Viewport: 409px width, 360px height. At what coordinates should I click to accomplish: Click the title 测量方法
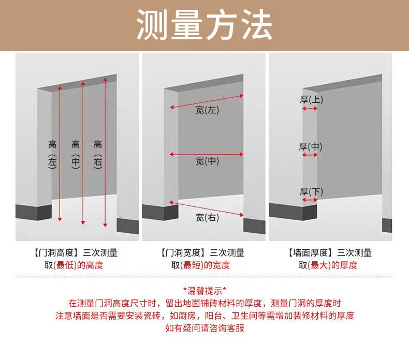pyautogui.click(x=204, y=25)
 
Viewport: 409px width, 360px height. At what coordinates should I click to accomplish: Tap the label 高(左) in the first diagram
pyautogui.click(x=52, y=154)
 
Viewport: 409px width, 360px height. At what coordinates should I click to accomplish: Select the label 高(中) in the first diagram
pyautogui.click(x=76, y=154)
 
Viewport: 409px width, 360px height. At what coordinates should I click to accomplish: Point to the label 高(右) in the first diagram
pyautogui.click(x=98, y=154)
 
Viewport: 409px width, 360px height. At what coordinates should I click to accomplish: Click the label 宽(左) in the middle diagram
pyautogui.click(x=208, y=110)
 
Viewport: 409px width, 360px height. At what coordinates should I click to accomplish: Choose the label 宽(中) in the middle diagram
pyautogui.click(x=208, y=161)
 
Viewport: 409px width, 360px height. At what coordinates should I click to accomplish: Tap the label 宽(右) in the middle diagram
pyautogui.click(x=208, y=218)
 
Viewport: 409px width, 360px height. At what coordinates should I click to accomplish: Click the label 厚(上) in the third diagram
pyautogui.click(x=311, y=99)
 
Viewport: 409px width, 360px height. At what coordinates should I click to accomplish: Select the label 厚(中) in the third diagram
pyautogui.click(x=311, y=146)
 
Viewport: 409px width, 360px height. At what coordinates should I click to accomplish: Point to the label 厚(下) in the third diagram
pyautogui.click(x=311, y=192)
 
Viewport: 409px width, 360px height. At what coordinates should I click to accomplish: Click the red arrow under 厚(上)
pyautogui.click(x=310, y=109)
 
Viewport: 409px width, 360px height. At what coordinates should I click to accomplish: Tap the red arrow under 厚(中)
pyautogui.click(x=311, y=155)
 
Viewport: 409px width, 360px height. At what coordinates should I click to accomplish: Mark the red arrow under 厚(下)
pyautogui.click(x=310, y=200)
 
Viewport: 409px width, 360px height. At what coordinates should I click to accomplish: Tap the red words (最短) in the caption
pyautogui.click(x=193, y=265)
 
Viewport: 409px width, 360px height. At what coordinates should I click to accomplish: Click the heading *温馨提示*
pyautogui.click(x=204, y=290)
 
